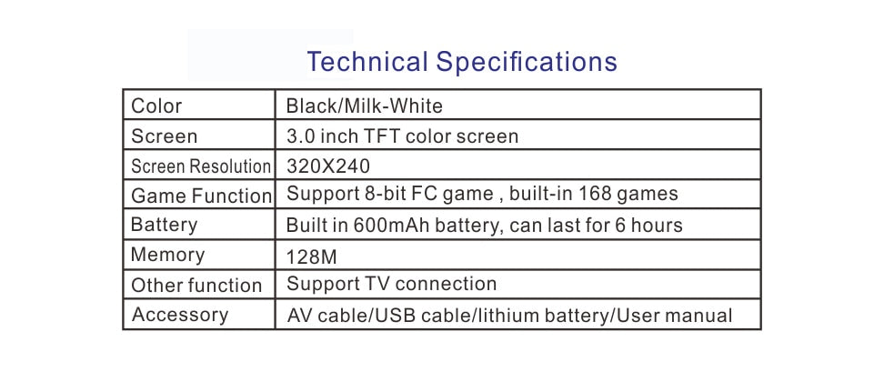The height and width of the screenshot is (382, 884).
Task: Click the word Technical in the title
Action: click(367, 61)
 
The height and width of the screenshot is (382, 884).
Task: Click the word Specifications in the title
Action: click(527, 62)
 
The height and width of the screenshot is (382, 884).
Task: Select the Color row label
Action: click(156, 106)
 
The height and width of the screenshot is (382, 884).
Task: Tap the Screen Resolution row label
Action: click(201, 166)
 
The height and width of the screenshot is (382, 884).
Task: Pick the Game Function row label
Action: click(201, 196)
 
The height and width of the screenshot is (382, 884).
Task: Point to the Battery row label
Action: click(164, 225)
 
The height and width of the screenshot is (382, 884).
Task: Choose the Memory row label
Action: click(167, 256)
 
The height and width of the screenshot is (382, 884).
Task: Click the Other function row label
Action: click(196, 285)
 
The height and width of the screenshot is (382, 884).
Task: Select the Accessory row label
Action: click(180, 315)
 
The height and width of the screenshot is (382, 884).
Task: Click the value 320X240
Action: click(328, 166)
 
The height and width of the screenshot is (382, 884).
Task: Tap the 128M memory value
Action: click(311, 257)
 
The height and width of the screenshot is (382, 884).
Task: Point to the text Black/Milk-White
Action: click(364, 106)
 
